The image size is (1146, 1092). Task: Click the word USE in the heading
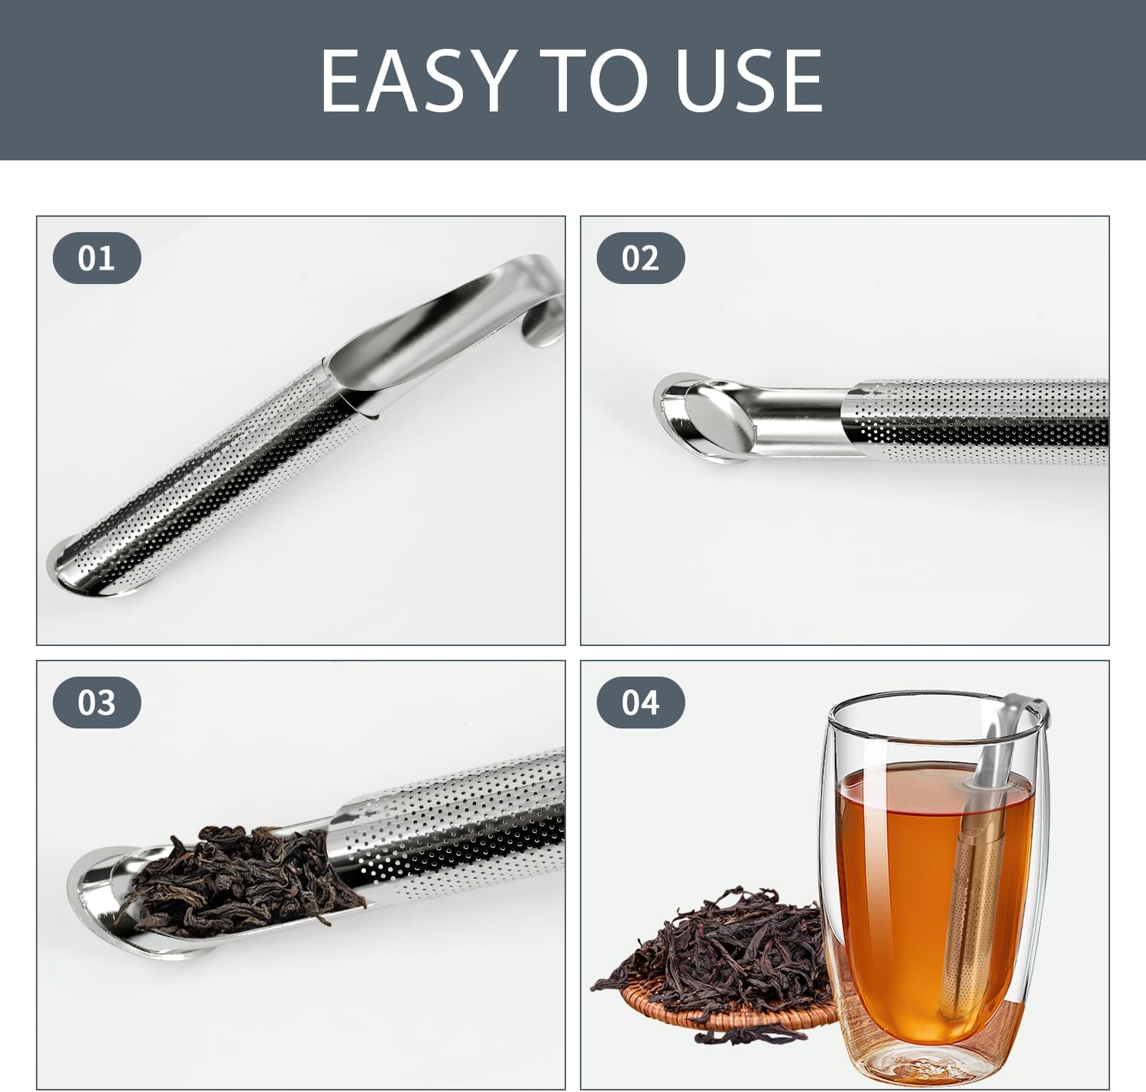pos(748,80)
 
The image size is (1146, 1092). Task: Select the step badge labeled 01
pos(97,258)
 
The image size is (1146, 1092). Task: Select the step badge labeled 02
pos(641,258)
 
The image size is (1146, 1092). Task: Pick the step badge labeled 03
pos(97,703)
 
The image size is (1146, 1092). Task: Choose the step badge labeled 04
pos(641,703)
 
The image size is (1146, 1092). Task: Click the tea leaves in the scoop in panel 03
pos(239,874)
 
